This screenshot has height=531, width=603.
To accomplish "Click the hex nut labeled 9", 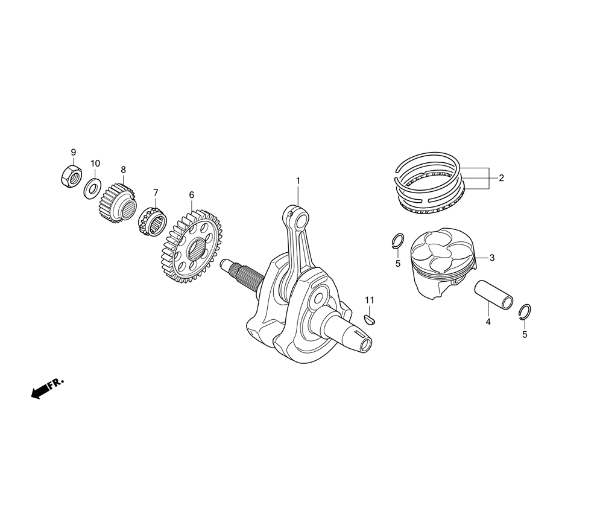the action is pos(71,176).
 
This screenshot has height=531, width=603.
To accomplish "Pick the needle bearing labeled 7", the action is pos(153,220).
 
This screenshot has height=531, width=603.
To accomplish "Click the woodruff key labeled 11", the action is pos(370,319).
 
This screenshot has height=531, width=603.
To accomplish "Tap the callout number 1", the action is pos(298,180).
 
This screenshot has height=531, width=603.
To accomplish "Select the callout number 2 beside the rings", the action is pos(501,178).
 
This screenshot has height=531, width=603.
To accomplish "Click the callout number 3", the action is pos(492,258).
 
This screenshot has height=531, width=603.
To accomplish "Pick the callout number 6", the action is pos(192,195).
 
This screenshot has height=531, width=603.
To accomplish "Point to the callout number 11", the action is pos(370,300).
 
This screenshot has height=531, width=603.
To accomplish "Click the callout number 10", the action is pos(95,163).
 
